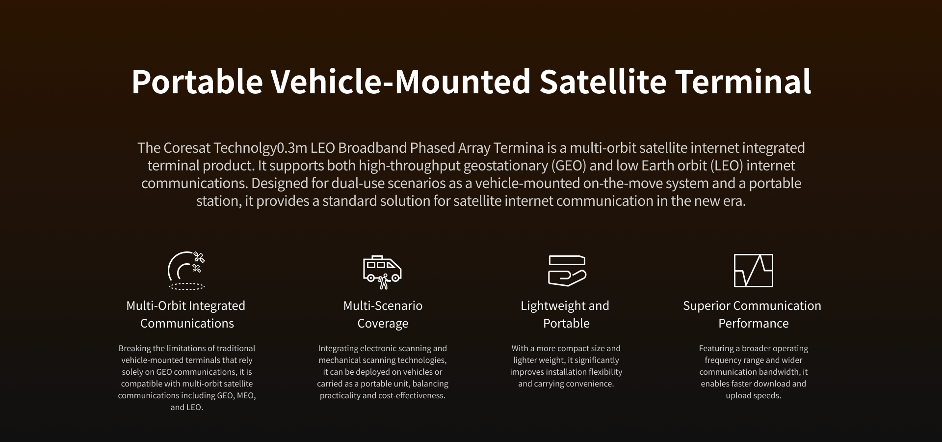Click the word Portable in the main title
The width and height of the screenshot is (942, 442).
coord(197,82)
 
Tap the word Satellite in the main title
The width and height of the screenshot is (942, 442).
coord(603,82)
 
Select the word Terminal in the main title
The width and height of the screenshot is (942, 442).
coord(744,82)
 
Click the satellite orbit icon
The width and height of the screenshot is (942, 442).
coord(186,271)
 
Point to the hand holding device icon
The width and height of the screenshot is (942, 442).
coord(567,271)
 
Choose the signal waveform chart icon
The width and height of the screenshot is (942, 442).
coord(754,271)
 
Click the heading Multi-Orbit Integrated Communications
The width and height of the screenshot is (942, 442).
coord(186,314)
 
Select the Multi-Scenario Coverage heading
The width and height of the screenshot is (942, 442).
coord(383,314)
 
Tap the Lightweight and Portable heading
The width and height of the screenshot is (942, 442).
coord(565,314)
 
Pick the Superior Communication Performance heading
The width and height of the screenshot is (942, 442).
coord(752,314)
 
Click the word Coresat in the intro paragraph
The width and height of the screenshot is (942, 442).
coord(187,148)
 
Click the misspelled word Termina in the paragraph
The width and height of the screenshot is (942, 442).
coord(519,148)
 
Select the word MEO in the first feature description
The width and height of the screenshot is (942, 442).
coord(246,395)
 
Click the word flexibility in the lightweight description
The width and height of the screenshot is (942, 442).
coord(604,372)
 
